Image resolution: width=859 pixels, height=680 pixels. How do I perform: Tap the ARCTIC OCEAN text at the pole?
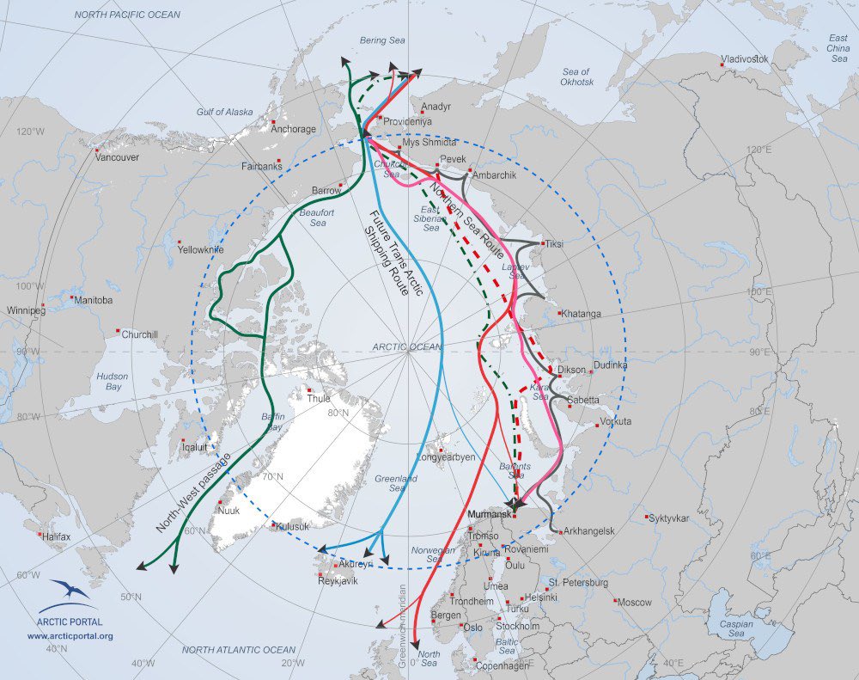[x=406, y=346]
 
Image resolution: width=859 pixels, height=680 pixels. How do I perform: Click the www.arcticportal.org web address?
[x=70, y=636]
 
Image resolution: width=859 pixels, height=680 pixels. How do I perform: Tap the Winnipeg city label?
[x=25, y=309]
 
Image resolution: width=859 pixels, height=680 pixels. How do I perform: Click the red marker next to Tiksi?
[x=541, y=242]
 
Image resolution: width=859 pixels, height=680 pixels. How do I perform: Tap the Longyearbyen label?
[x=445, y=457]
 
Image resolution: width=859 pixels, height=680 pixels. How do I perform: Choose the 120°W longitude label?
[x=31, y=132]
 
